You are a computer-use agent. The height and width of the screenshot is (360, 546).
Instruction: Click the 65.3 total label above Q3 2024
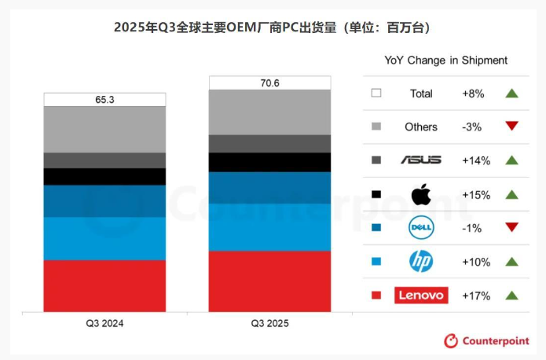tap(104, 100)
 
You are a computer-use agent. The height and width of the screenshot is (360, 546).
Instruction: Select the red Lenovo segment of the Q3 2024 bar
tap(104, 285)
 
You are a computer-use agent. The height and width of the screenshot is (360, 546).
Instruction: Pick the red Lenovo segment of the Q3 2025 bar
tap(269, 281)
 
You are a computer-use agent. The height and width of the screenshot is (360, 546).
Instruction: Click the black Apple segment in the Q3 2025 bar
tap(269, 162)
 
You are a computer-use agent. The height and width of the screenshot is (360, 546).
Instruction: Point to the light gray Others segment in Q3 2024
tap(104, 129)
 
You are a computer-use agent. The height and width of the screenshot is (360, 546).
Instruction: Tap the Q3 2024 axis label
tap(104, 324)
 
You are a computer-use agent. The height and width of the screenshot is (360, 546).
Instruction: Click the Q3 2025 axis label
tap(269, 324)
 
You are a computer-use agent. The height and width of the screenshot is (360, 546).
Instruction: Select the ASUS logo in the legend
tap(421, 160)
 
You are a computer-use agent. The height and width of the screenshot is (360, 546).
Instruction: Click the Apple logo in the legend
tap(421, 193)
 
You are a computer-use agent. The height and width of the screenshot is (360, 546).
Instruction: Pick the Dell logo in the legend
tap(421, 228)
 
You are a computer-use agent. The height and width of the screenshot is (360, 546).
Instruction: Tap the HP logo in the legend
tap(421, 262)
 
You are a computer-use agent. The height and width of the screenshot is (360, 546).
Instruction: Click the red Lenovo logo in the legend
tap(421, 296)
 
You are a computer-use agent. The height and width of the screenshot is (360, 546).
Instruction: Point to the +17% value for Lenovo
tap(476, 296)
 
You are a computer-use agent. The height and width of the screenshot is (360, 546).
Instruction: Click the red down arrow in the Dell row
tap(512, 228)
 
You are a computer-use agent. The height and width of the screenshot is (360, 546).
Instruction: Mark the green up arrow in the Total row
tap(512, 94)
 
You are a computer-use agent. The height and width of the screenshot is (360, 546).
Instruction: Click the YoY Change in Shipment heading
tap(445, 60)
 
